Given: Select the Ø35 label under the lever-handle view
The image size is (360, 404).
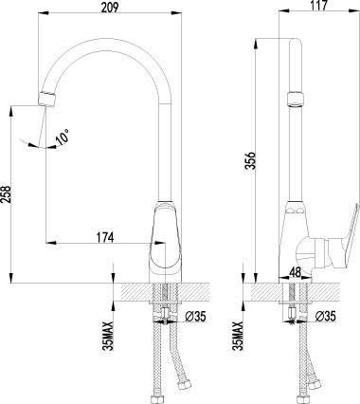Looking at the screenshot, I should pyautogui.click(x=325, y=318).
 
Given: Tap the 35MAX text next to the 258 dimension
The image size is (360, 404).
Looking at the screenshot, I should pyautogui.click(x=109, y=335).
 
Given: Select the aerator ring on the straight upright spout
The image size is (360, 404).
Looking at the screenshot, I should pyautogui.click(x=292, y=98).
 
